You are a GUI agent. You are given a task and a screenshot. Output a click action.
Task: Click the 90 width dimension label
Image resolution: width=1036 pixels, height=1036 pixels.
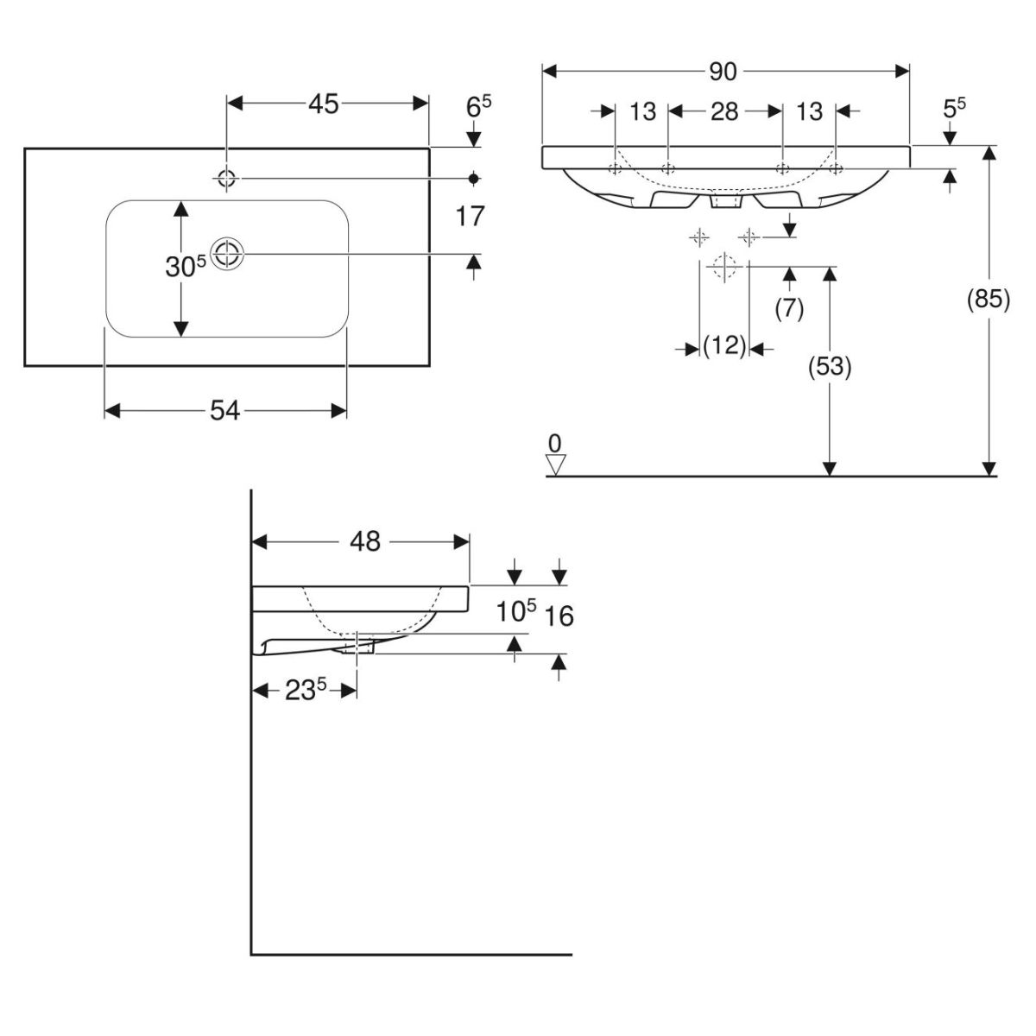pos(723,72)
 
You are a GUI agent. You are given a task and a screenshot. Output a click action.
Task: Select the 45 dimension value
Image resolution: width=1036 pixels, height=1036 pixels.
pos(323,104)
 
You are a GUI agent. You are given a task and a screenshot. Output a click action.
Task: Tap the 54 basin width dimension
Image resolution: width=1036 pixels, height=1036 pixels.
pos(224,412)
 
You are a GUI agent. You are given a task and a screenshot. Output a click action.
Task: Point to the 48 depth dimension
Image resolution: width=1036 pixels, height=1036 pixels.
pos(365,541)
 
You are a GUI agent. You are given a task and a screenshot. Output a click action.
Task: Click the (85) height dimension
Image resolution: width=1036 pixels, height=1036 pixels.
pos(988,300)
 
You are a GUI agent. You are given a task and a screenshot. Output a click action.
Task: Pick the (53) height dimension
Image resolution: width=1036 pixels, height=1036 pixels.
pos(830,367)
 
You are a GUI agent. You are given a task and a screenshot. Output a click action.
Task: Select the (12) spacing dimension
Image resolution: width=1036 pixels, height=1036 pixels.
pos(724,347)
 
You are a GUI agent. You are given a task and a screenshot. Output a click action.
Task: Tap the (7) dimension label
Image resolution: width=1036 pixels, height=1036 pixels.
pos(789,308)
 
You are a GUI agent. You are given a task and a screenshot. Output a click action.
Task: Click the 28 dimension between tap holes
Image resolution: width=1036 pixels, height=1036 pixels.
pos(724,111)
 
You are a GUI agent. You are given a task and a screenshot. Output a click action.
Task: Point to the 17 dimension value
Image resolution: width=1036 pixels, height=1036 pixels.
pos(471,216)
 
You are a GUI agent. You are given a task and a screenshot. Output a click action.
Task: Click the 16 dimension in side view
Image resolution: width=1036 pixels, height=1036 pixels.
pos(560,616)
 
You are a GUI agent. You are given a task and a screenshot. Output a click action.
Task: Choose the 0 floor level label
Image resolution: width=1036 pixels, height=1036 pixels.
pos(555,444)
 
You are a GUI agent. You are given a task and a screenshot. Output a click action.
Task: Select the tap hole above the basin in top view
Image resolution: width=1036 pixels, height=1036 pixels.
pos(227,179)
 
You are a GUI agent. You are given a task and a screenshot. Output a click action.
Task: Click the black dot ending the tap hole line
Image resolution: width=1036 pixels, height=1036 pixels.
pos(473,179)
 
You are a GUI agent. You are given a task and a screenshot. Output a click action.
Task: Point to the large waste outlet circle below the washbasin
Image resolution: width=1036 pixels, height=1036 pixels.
pos(724,266)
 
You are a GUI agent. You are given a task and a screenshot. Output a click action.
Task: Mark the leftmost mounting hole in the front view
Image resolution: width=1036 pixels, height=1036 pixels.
pos(614,168)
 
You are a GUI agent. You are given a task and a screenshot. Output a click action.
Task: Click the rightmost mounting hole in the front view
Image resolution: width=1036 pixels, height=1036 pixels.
pos(835,168)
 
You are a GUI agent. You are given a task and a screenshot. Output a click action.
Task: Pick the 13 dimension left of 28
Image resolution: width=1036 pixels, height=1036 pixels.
pos(642,111)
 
